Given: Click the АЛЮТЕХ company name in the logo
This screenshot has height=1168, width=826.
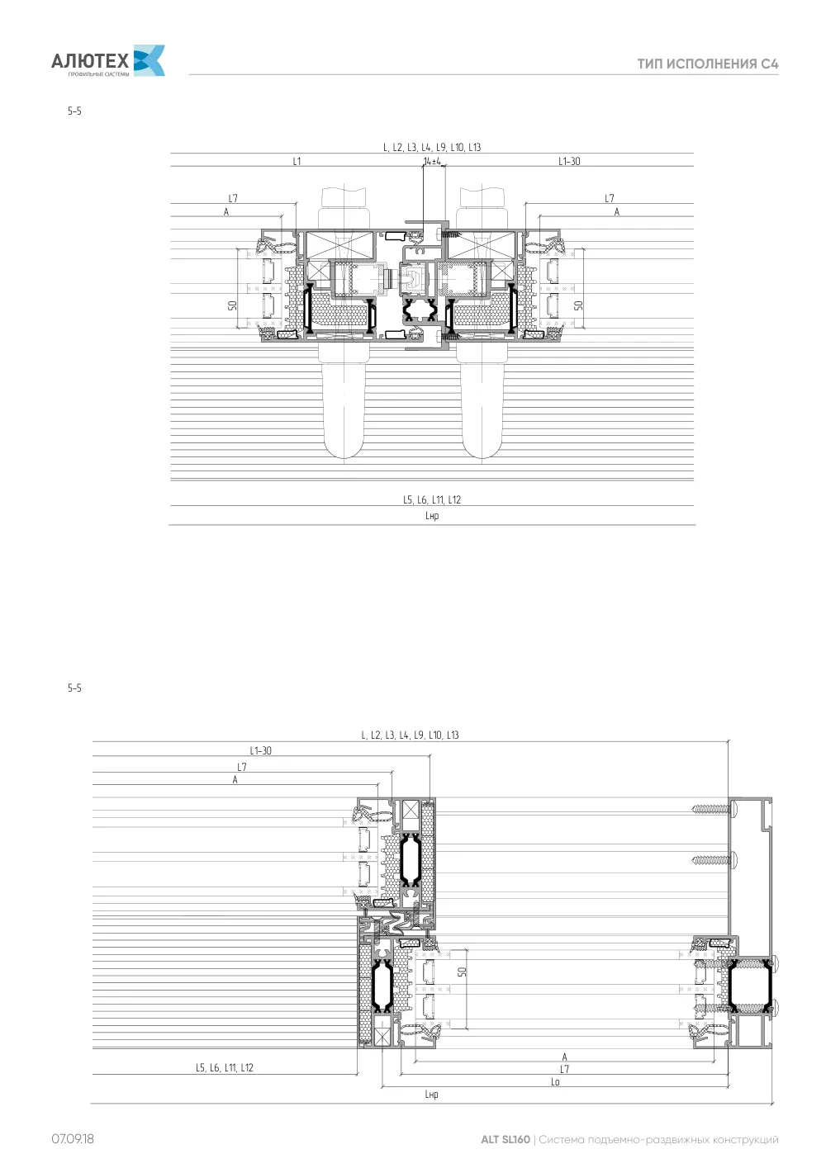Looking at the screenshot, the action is [x=90, y=61].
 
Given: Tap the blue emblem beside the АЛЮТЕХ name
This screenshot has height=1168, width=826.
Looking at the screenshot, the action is [x=150, y=60].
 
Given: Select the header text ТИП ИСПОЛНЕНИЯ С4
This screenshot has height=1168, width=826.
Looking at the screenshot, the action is [x=708, y=64].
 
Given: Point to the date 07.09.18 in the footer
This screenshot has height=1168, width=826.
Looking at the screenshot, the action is [x=73, y=1138].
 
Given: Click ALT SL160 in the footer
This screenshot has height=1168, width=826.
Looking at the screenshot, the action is [x=505, y=1139].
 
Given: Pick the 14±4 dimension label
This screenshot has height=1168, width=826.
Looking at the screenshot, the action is [x=432, y=162].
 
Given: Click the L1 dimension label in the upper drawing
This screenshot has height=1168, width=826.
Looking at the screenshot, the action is [x=297, y=161].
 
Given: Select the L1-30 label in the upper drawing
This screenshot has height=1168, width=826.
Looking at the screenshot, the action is [x=569, y=161].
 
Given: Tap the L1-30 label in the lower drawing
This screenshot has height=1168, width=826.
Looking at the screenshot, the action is [x=260, y=750].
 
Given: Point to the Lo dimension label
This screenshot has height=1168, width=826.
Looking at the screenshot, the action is [x=555, y=1081].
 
